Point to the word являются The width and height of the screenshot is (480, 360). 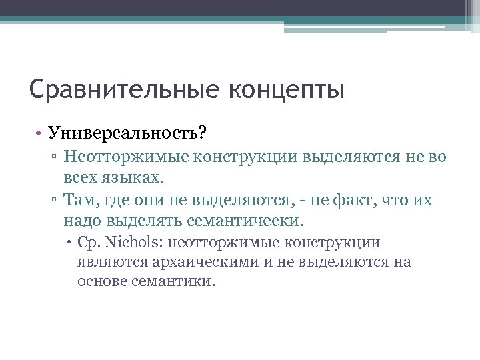point(108,261)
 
